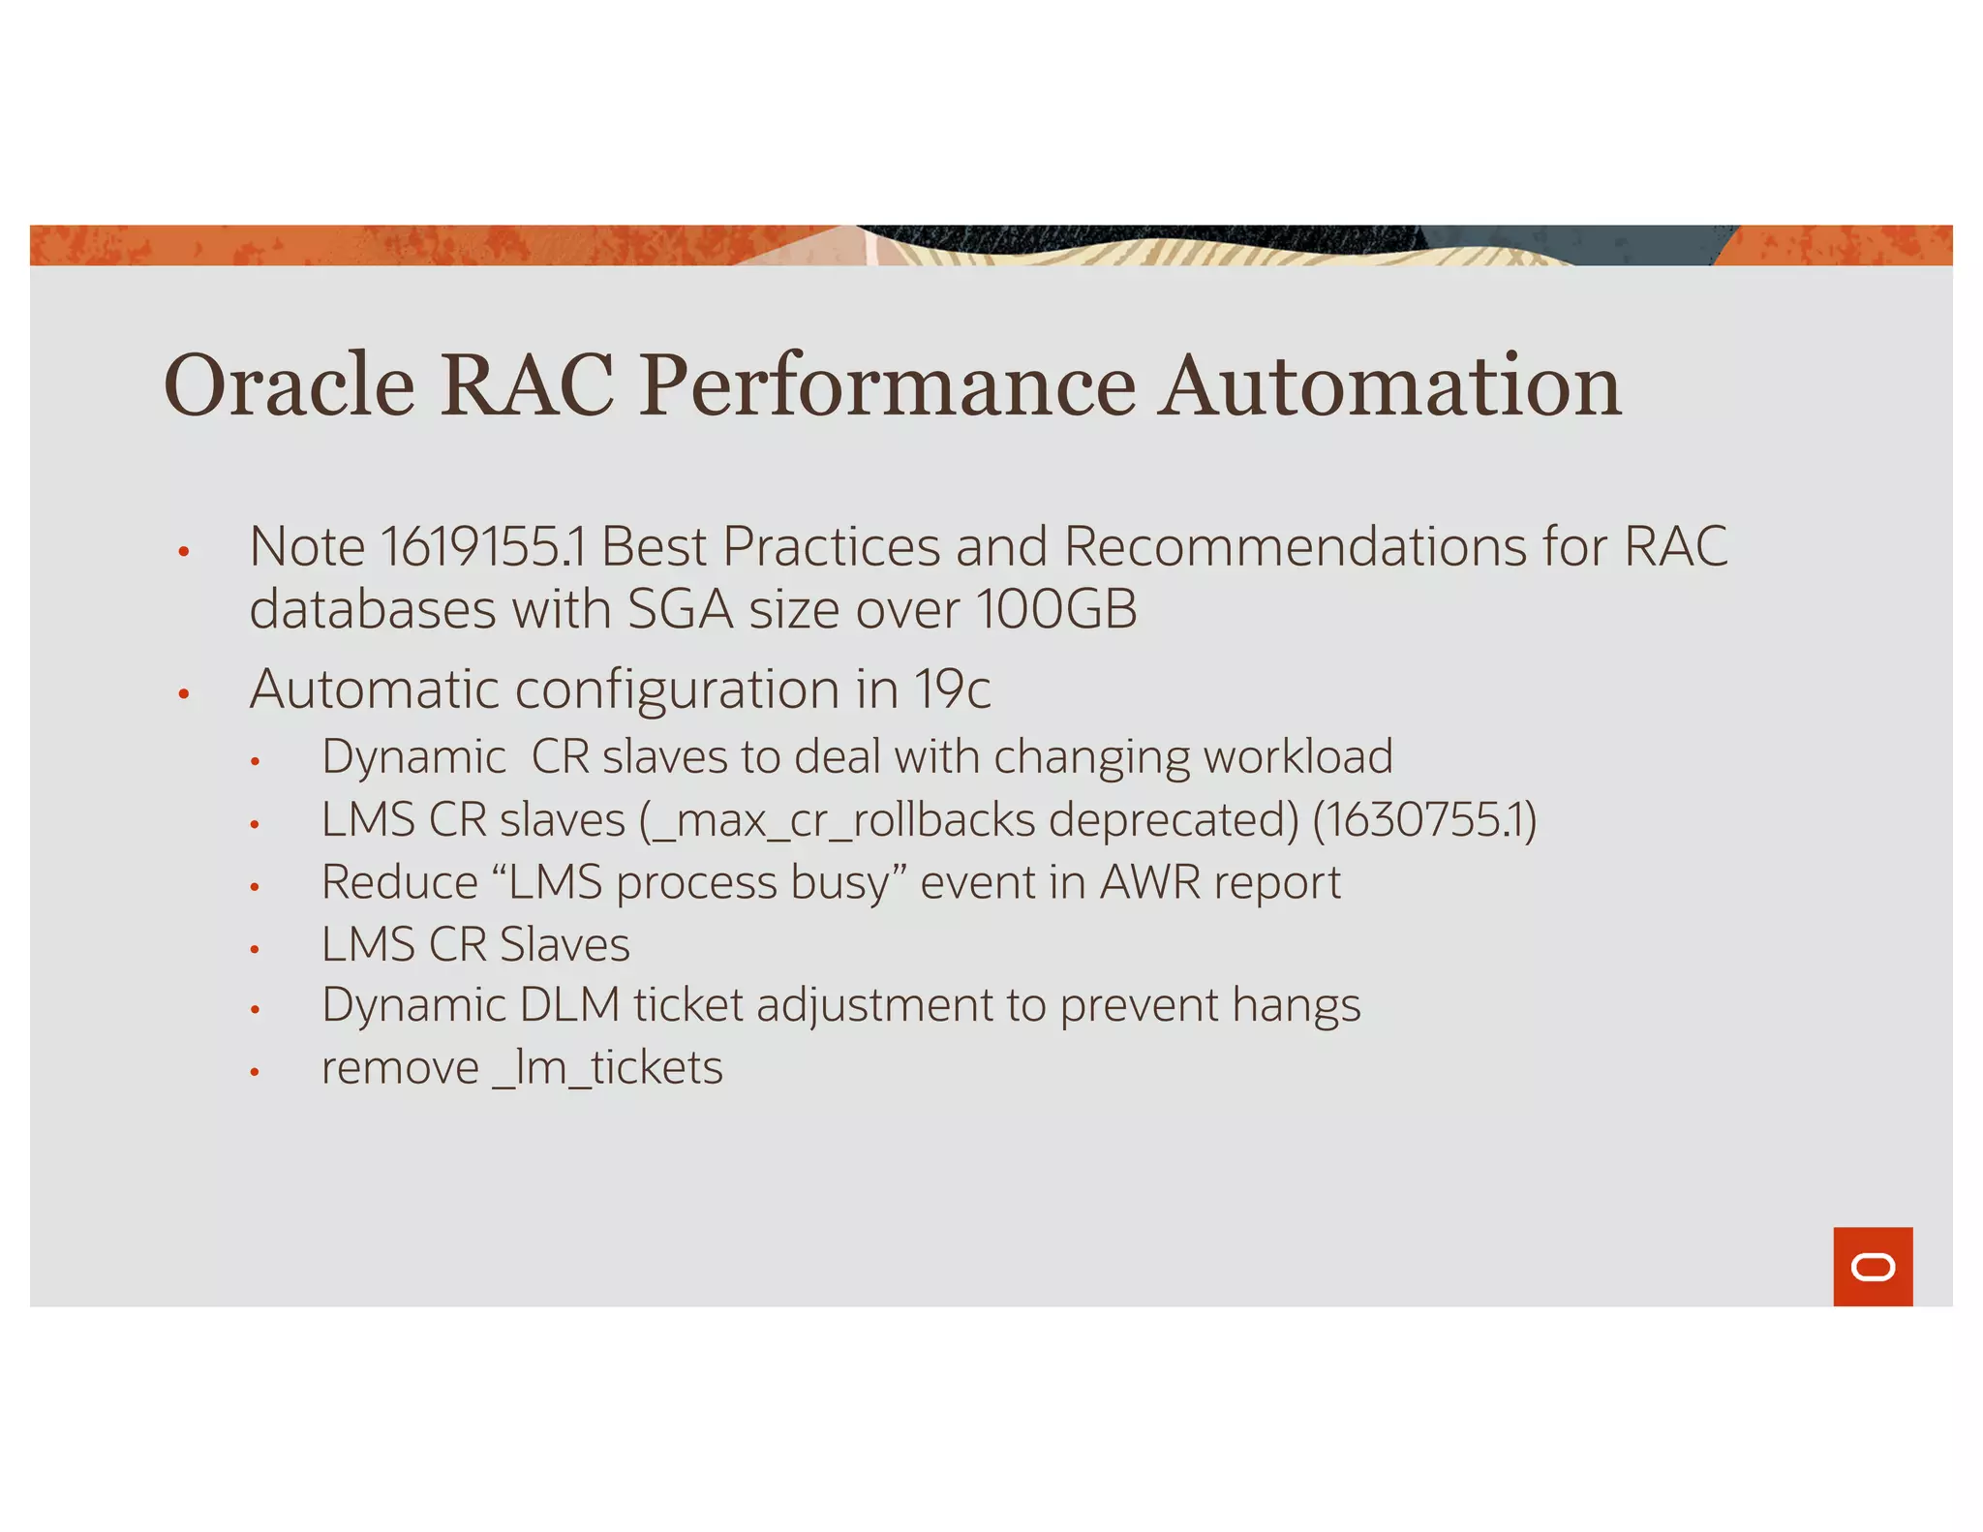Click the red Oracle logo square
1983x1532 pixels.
coord(1872,1266)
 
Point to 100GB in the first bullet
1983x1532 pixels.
coord(1056,610)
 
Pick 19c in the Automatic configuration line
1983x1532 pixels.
coord(953,689)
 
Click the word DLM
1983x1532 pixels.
coord(569,1005)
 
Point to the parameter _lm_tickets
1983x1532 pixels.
coord(608,1069)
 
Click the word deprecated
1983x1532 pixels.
coord(1174,821)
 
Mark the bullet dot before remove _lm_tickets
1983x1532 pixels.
coord(255,1072)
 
